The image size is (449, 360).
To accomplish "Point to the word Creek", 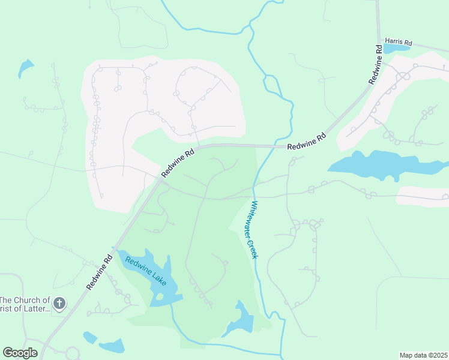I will [x=253, y=250].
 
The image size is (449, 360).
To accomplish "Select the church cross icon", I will [x=59, y=303].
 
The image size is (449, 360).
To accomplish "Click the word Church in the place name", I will [x=35, y=300].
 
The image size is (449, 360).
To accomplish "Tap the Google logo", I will [x=20, y=353].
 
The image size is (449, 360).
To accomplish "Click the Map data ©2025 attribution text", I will [x=423, y=355].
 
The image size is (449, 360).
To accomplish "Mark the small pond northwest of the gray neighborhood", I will [x=26, y=68].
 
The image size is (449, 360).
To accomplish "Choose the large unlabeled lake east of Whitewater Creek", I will [x=378, y=164].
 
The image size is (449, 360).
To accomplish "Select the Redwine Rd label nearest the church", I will [x=100, y=273].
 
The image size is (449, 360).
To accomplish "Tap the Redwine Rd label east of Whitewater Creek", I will [x=306, y=142].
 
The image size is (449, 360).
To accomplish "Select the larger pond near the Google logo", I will [x=112, y=346].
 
